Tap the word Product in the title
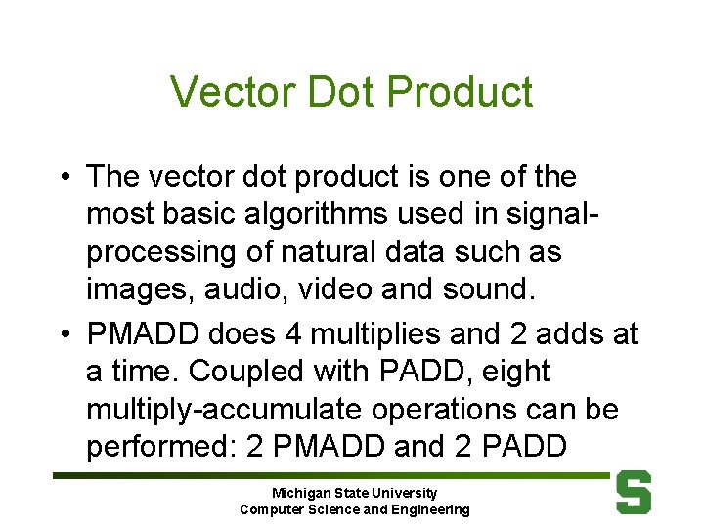coord(460,92)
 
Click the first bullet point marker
coord(63,178)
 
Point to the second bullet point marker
coord(63,334)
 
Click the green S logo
coord(633,493)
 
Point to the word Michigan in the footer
coord(301,493)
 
